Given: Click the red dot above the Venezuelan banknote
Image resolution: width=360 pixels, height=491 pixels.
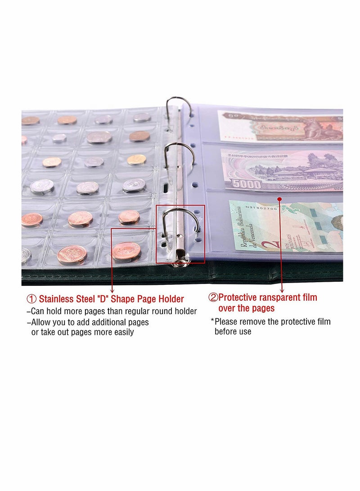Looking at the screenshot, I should [279, 198].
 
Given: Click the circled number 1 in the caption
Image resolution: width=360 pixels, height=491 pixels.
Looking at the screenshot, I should [31, 299].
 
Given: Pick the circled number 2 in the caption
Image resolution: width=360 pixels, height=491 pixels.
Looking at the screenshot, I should [212, 297].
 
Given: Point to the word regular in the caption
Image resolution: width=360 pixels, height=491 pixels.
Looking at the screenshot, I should [135, 311].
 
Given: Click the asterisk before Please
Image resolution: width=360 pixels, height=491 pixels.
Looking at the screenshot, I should [212, 321].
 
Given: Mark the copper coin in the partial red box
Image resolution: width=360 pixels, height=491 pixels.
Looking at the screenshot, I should [126, 251].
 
